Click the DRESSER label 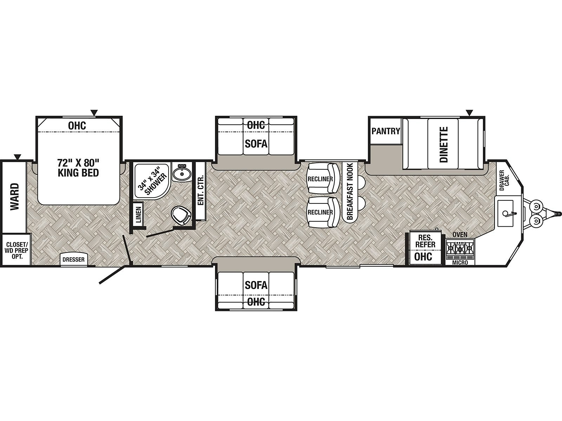point(73,260)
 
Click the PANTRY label point(386,131)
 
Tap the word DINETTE point(444,145)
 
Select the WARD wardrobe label point(15,196)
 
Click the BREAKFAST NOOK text point(350,191)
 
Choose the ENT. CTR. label point(201,190)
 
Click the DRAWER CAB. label point(504,180)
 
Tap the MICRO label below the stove point(460,263)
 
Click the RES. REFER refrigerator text point(425,241)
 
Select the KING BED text point(78,173)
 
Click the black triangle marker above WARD point(18,157)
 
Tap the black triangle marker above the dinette point(469,113)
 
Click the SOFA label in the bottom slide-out point(256,285)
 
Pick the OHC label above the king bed point(77,126)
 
